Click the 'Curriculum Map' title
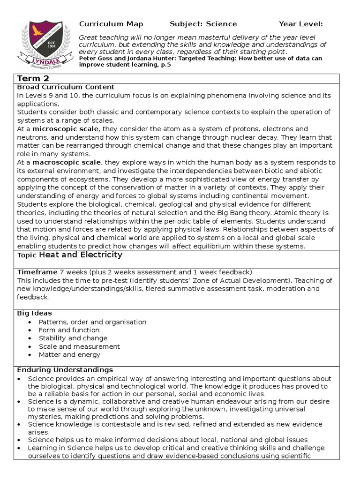coord(111,24)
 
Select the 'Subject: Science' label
coord(203,24)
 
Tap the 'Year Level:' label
coord(300,24)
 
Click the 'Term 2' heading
coord(33,78)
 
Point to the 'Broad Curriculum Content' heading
coord(66,87)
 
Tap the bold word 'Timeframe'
coord(37,272)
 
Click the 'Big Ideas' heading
coord(35,313)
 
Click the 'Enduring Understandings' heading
coord(65,370)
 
